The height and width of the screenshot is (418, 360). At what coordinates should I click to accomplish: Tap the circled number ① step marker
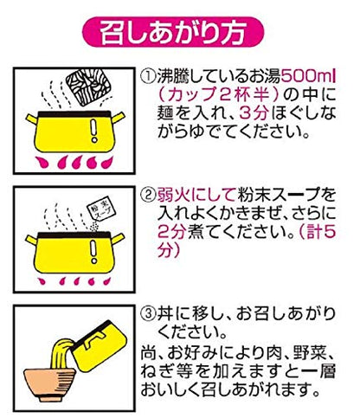pos(148,76)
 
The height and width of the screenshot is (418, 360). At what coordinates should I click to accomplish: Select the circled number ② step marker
pos(148,196)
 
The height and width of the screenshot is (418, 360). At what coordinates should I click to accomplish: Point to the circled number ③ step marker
pos(148,313)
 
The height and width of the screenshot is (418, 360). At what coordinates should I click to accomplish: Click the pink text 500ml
pos(308,76)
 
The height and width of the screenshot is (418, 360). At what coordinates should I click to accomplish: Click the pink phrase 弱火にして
pos(196,196)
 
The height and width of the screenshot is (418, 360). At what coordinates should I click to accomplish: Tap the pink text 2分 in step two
pos(171,232)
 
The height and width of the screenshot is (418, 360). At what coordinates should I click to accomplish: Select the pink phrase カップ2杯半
pos(220,94)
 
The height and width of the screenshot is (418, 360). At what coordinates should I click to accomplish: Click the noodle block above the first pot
pos(88,86)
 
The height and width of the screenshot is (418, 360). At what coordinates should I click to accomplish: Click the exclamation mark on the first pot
pos(93,132)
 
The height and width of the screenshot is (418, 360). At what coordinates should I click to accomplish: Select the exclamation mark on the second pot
pos(93,252)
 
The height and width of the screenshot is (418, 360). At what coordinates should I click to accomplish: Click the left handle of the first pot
pos(32,119)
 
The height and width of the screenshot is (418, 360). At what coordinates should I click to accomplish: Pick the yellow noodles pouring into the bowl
pos(61,352)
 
